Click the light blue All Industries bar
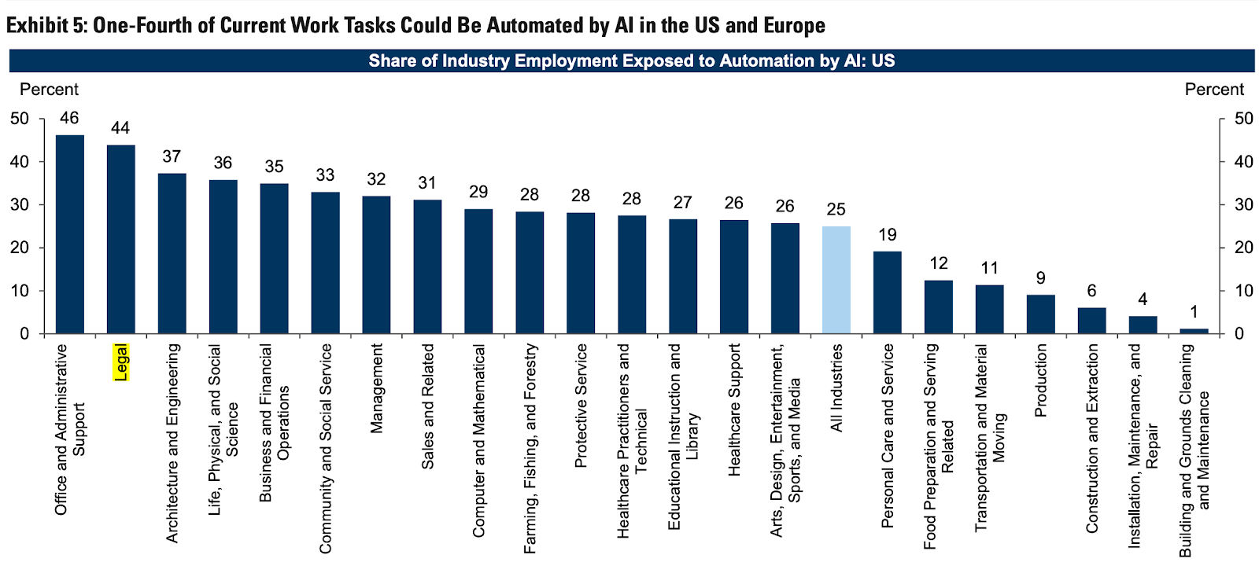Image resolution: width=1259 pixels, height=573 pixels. click(x=836, y=280)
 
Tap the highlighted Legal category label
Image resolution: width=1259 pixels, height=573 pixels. click(x=120, y=362)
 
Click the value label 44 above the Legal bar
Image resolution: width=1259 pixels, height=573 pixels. click(x=120, y=128)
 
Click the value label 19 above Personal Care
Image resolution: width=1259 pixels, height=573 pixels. click(x=887, y=234)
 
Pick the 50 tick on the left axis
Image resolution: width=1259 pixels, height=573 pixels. click(x=20, y=119)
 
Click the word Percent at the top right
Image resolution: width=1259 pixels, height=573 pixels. click(x=1213, y=90)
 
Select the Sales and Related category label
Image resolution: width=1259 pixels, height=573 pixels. click(x=427, y=406)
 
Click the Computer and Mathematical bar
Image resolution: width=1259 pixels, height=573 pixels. click(x=478, y=271)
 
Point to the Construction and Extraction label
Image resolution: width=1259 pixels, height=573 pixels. click(x=1091, y=438)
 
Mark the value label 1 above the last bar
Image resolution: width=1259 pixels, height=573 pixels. click(x=1194, y=312)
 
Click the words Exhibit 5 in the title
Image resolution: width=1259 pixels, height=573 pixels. click(x=44, y=25)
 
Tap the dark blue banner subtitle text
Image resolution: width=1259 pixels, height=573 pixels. click(x=631, y=61)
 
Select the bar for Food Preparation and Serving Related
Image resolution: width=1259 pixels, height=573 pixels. click(x=938, y=307)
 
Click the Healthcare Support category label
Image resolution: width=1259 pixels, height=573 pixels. click(x=734, y=410)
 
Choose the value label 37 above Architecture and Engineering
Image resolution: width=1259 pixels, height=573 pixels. click(x=172, y=156)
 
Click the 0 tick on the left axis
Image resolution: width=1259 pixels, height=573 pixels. click(x=24, y=334)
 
